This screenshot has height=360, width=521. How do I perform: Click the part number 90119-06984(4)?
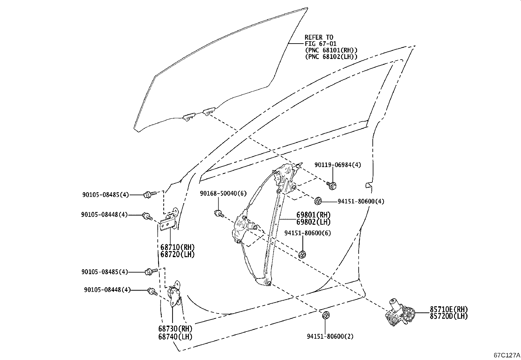338,165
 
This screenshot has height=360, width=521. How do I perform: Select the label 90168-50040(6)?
223,194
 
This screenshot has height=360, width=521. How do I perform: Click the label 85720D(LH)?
448,316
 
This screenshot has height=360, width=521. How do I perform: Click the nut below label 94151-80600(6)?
303,254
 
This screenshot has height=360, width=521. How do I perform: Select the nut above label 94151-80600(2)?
326,315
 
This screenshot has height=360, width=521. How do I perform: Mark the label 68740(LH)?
176,336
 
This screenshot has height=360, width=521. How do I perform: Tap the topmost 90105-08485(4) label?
105,195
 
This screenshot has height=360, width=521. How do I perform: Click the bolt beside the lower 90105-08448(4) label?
152,292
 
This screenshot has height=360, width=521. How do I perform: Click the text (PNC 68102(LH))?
331,56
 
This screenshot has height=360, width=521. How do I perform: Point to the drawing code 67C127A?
507,355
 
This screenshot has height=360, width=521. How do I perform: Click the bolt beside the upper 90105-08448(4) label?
147,216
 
